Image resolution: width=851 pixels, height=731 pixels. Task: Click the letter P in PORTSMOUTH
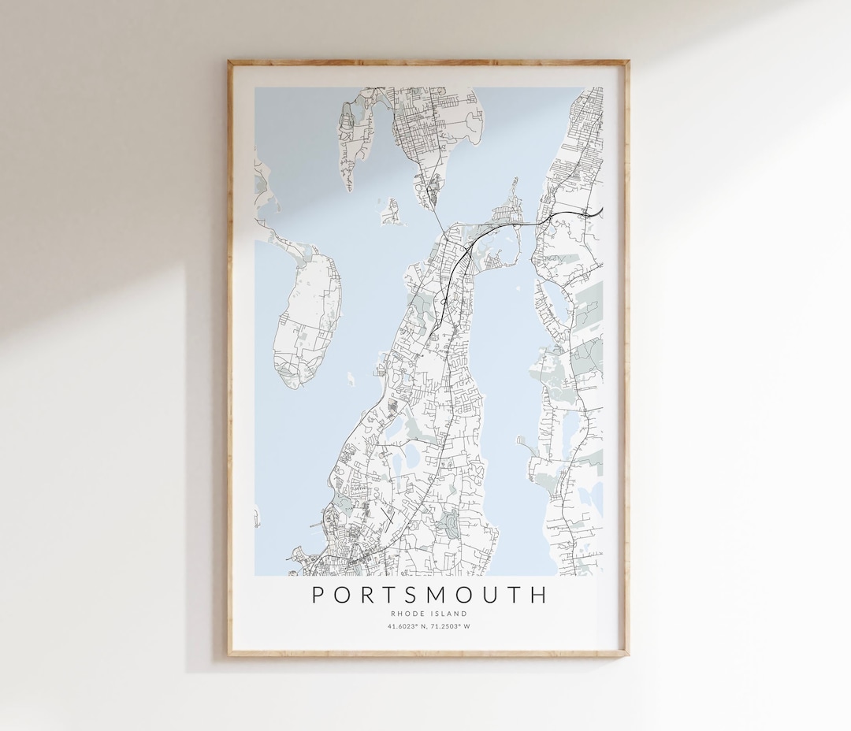tap(318, 595)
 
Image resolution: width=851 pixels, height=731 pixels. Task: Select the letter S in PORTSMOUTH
tap(414, 595)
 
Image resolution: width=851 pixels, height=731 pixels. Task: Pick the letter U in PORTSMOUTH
tap(492, 595)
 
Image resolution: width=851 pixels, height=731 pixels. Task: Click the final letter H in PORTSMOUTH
tap(539, 595)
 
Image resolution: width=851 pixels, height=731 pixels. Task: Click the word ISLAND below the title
tap(450, 614)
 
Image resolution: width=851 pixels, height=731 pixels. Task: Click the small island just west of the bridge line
tap(392, 210)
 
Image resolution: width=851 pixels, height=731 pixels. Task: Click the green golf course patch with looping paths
tap(449, 524)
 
